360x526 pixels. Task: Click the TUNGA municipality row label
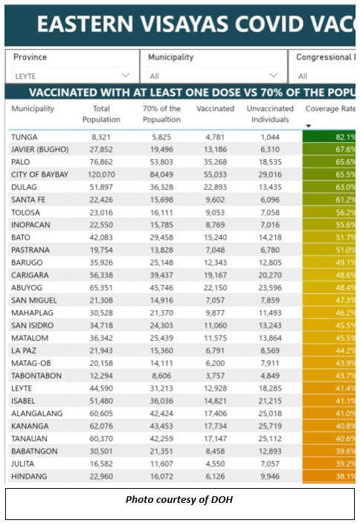[25, 137]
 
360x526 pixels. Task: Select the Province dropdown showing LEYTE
[72, 76]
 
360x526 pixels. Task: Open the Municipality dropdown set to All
[213, 76]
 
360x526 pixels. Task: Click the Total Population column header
[101, 114]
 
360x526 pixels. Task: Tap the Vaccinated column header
[215, 109]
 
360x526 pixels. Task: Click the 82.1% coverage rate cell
[330, 137]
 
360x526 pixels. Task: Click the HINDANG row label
[29, 476]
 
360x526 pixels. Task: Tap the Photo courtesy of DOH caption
[179, 500]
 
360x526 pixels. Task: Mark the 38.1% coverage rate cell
[330, 476]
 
